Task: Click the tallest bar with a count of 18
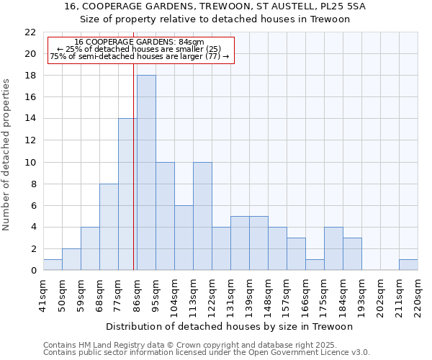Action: point(146,173)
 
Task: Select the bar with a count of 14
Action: point(127,194)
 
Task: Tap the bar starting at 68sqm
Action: point(109,227)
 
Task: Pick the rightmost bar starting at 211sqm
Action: point(408,265)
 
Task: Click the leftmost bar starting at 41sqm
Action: point(53,265)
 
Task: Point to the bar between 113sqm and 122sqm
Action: point(202,216)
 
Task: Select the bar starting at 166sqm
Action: point(315,265)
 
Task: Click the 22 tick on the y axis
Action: point(30,32)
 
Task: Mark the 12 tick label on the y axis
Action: point(30,140)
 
